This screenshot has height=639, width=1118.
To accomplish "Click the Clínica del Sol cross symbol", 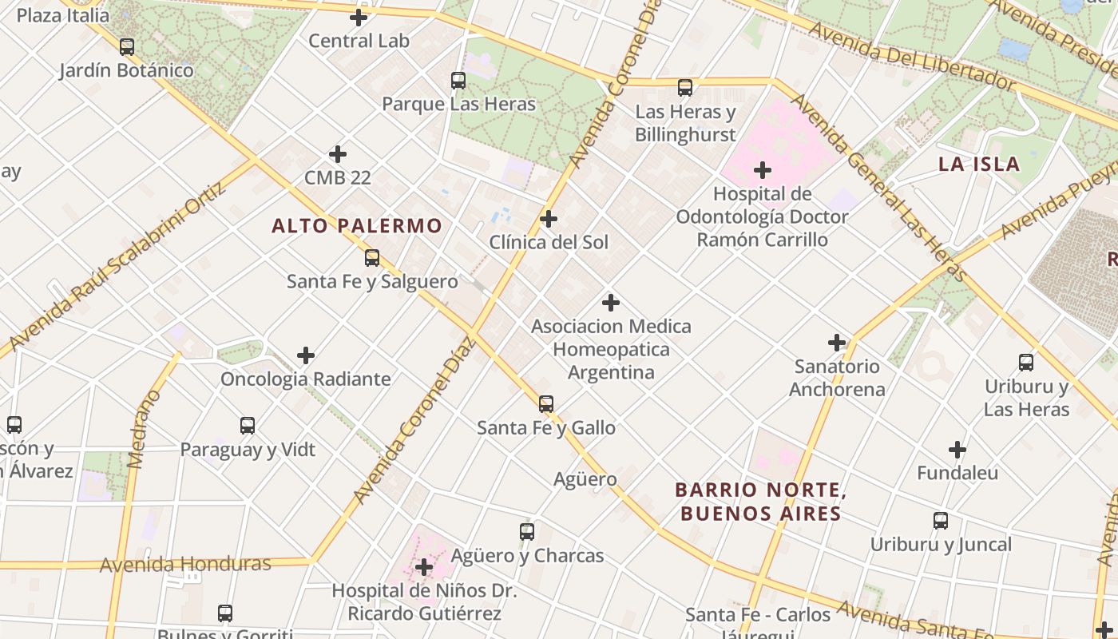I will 549,219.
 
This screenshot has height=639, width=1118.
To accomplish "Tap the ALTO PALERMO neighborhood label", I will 356,226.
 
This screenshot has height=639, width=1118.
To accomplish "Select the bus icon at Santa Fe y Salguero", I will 372,258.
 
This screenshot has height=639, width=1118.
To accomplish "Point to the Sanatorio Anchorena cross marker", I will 837,343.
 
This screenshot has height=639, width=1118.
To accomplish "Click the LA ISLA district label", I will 979,165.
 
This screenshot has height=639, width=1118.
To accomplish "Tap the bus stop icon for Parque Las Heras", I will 458,81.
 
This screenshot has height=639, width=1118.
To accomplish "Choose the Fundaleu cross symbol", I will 957,450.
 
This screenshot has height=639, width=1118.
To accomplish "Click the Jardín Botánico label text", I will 126,70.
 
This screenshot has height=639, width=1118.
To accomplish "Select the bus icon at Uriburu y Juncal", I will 941,521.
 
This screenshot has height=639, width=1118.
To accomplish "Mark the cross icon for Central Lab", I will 359,18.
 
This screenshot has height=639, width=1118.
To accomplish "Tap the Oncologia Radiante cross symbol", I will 306,355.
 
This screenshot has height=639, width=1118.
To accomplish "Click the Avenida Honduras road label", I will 185,565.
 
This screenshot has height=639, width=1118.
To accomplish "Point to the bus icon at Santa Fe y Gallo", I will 546,404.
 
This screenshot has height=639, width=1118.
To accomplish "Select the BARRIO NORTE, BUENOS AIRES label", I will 760,502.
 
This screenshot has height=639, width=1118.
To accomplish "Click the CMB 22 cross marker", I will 338,153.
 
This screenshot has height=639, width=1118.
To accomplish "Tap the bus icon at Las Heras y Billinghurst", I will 685,88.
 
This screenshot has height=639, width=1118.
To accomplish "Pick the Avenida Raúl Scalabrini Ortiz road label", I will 116,272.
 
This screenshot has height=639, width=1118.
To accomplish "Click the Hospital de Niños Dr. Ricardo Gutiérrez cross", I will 424,568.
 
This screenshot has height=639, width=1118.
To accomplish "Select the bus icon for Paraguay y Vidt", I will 248,426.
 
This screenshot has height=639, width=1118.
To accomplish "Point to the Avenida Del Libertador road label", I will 910,57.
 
